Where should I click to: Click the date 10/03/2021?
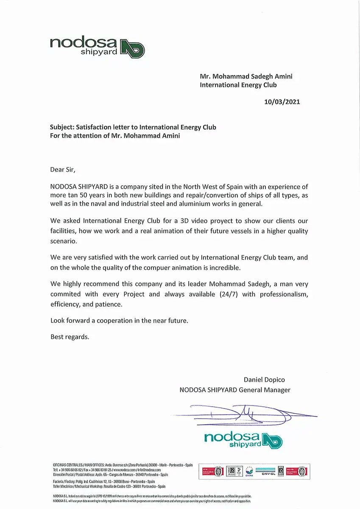[x=282, y=102]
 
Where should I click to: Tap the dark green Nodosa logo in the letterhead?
[x=97, y=46]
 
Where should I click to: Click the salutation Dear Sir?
[x=65, y=170]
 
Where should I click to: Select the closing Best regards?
[x=70, y=337]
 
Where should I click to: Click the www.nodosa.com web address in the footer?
[x=124, y=470]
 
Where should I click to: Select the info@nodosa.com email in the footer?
[x=148, y=470]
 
